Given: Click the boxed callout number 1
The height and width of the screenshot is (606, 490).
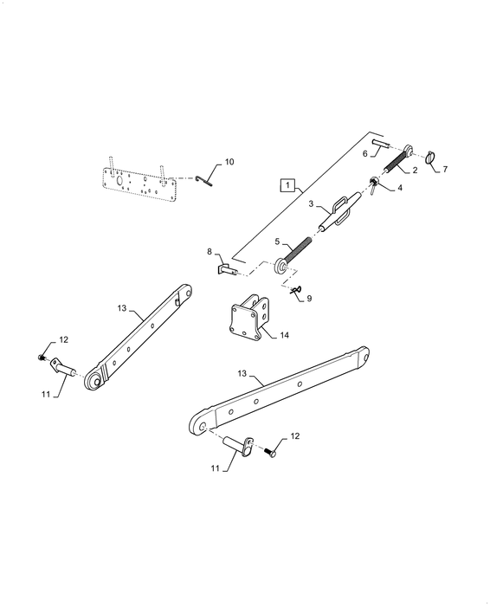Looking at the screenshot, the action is [287, 185].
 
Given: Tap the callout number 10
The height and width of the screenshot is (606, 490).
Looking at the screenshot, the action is [229, 162].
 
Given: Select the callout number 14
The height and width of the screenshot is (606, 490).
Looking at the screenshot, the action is [285, 335].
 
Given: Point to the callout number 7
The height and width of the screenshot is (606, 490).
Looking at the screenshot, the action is [445, 170].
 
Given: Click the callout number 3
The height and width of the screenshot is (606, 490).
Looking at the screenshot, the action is [311, 203].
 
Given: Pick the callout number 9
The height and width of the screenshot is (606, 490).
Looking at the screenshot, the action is [309, 299].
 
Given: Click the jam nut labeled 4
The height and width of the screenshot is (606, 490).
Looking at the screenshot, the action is [374, 184].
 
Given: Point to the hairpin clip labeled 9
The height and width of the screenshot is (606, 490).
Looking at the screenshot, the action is [296, 290].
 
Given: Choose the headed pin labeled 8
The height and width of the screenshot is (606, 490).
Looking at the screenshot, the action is [227, 268].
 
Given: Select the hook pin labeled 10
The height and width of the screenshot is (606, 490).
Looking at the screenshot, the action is [204, 180].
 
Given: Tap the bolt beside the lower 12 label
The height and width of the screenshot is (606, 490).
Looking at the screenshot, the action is [270, 452].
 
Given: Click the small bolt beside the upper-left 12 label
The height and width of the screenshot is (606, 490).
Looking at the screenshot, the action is [41, 357].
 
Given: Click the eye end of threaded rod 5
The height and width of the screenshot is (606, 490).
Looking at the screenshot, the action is [280, 268].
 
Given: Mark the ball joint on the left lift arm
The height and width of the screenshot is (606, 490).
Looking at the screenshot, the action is [94, 381].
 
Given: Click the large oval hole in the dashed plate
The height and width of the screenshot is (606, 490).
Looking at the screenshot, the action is [119, 181].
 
